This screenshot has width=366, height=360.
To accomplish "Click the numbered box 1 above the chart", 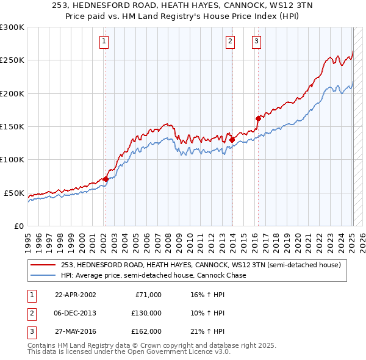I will pos(105,41).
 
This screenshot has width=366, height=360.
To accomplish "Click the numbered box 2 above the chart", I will pos(230,41).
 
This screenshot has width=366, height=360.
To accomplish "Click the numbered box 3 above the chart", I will pos(257,41).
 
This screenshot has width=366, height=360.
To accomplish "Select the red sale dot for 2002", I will pos(106,179).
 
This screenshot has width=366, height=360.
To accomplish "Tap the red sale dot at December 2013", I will pos(232,140).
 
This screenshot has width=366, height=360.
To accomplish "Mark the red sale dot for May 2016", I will pos(258,118).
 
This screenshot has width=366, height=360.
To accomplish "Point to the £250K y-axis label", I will pos(12,60).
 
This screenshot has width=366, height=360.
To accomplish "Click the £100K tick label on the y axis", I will pos(12,159).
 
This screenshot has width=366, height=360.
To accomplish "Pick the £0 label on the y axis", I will pos(18,226).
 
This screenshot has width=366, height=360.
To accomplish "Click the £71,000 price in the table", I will pos(148,295).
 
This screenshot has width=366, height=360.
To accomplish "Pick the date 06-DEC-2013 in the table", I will pos(76,313).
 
